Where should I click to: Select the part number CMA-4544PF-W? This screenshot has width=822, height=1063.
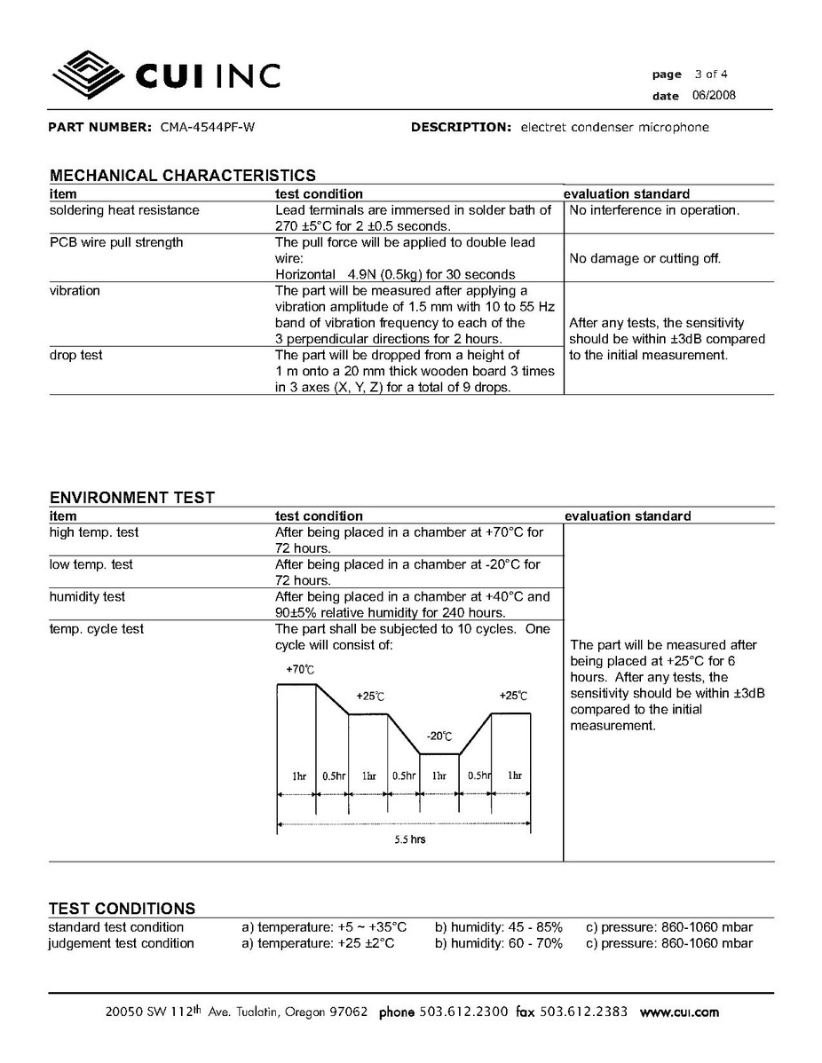pyautogui.click(x=208, y=127)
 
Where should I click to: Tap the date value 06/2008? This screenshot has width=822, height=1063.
pyautogui.click(x=712, y=96)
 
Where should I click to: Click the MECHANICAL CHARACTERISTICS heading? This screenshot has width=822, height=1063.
pyautogui.click(x=182, y=176)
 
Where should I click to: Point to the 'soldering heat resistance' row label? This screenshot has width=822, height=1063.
pyautogui.click(x=124, y=210)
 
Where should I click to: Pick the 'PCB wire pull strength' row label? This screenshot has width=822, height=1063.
pyautogui.click(x=116, y=242)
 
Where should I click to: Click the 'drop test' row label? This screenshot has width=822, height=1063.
pyautogui.click(x=75, y=355)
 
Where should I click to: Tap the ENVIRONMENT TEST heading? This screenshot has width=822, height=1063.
pyautogui.click(x=131, y=498)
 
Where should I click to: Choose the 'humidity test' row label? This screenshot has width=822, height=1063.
pyautogui.click(x=87, y=596)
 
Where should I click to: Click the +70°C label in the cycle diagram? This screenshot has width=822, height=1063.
pyautogui.click(x=300, y=669)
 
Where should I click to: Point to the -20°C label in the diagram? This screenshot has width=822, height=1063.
pyautogui.click(x=439, y=736)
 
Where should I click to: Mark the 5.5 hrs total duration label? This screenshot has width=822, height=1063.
pyautogui.click(x=410, y=839)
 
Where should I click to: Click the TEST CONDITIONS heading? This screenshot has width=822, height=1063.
pyautogui.click(x=122, y=909)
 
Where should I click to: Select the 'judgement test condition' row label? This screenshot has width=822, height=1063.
pyautogui.click(x=121, y=943)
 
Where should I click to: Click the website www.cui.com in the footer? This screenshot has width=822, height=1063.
pyautogui.click(x=679, y=1012)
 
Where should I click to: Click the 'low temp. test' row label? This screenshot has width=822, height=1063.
pyautogui.click(x=91, y=564)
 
